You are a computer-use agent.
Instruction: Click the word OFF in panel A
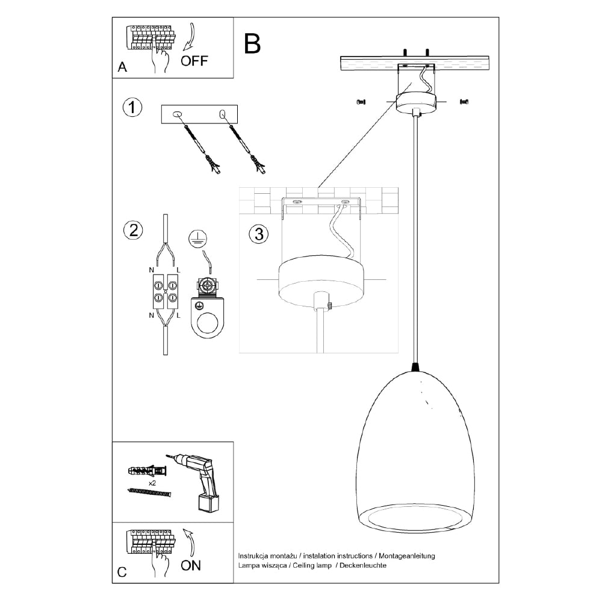(x=194, y=60)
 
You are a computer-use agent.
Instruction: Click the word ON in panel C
(x=191, y=565)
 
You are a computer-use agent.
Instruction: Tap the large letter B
(x=253, y=43)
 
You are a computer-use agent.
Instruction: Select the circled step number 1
(x=132, y=108)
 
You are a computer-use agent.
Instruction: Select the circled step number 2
(x=132, y=229)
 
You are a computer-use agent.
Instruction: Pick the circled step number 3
(x=258, y=234)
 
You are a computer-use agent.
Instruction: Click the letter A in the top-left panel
(x=122, y=67)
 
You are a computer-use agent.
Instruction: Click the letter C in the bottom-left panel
(x=122, y=572)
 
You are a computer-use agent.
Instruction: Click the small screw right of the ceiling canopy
(x=464, y=102)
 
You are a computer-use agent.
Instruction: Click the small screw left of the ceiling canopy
(x=361, y=102)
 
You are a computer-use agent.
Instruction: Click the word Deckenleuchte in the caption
(x=363, y=566)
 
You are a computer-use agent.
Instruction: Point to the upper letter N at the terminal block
(x=150, y=270)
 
